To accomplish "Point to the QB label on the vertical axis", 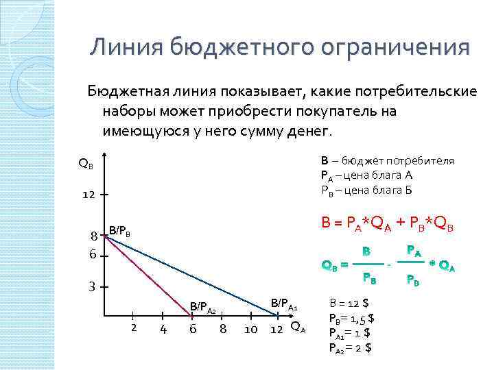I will tap(86, 164).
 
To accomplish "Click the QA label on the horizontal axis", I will tap(298, 327).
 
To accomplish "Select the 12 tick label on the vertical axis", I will tap(89, 195).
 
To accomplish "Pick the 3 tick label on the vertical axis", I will tap(90, 286).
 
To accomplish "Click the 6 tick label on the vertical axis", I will tap(92, 254).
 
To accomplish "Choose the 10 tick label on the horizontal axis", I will tap(250, 330).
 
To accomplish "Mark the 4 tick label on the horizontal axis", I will tap(163, 329).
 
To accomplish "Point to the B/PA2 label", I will tap(203, 308).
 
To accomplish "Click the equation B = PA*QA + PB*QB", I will tap(388, 223).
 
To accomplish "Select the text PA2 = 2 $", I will tap(351, 347).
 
